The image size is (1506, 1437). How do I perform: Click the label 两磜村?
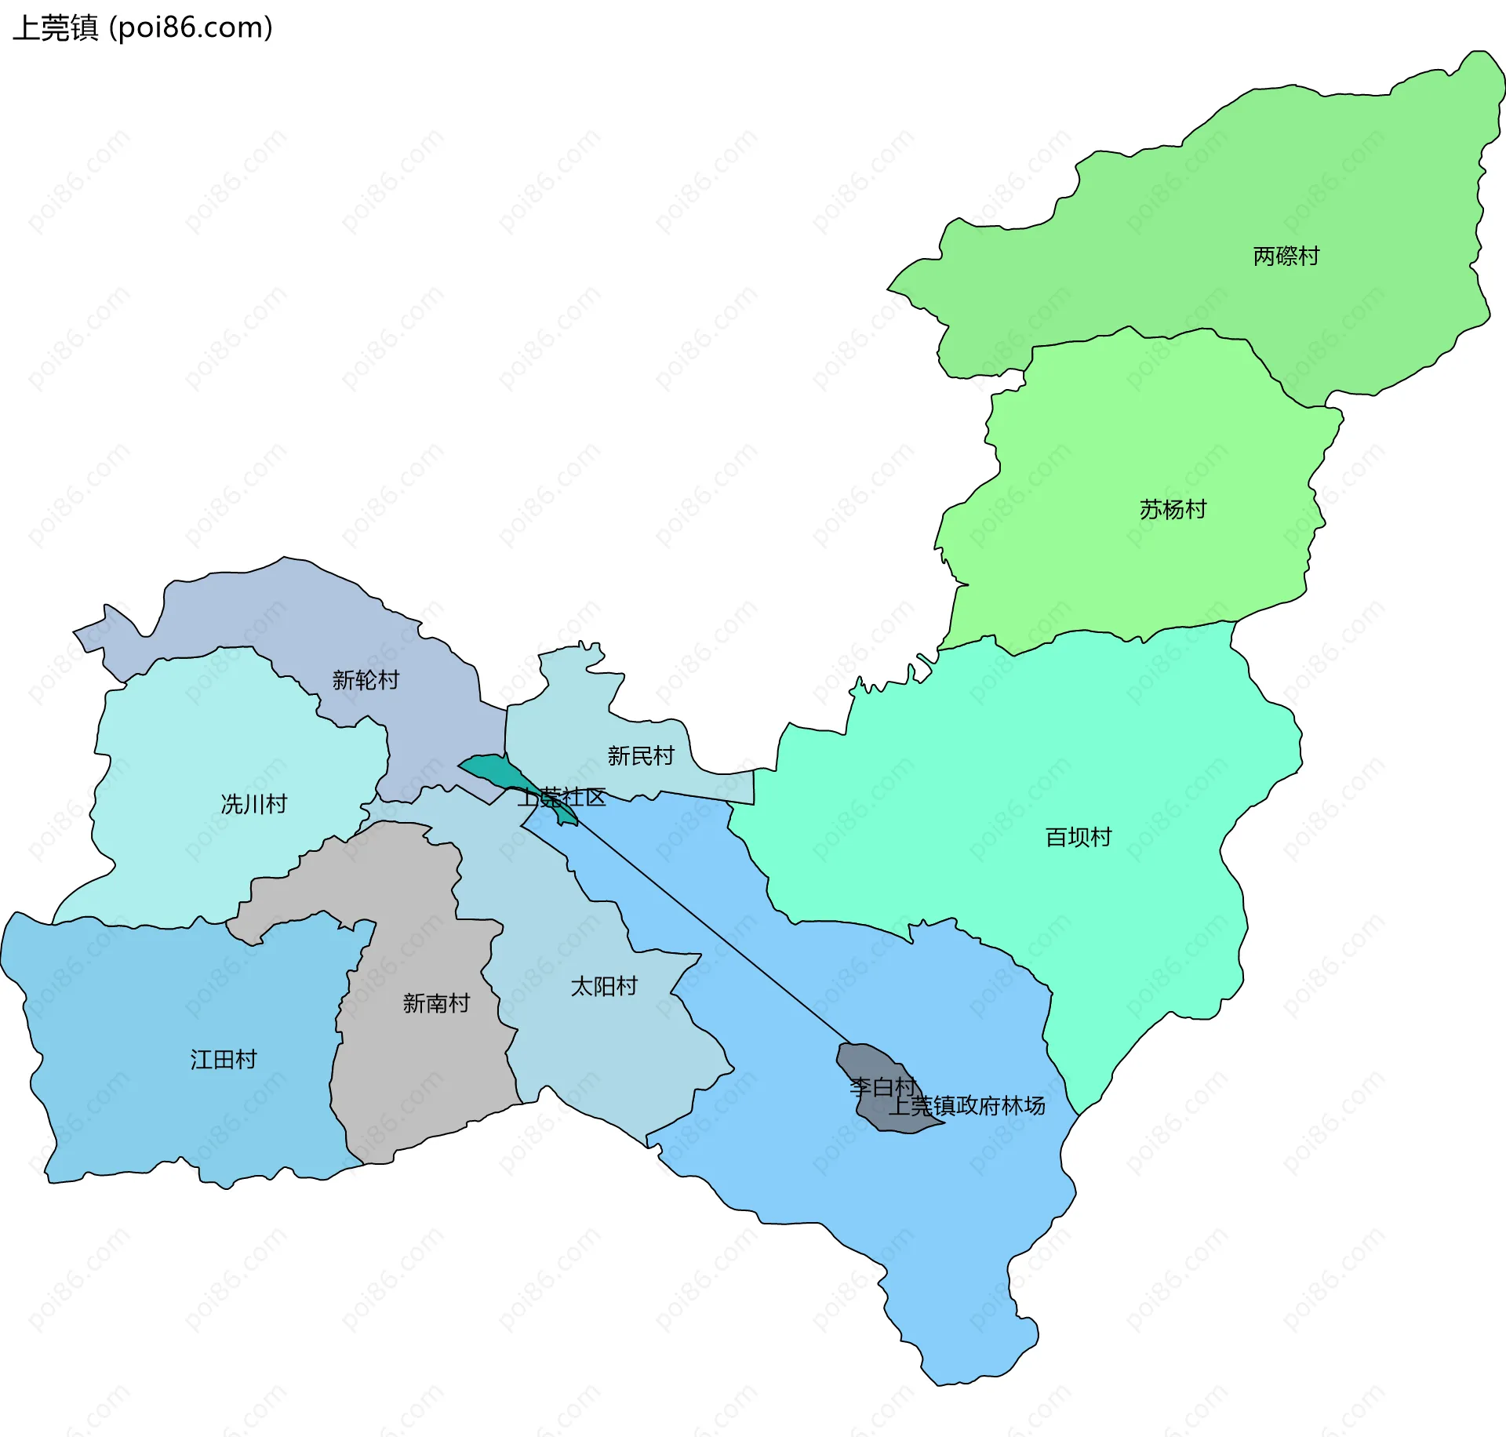pos(1286,256)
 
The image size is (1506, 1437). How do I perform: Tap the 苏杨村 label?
pos(1172,510)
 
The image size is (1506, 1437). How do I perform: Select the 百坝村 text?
pos(1078,838)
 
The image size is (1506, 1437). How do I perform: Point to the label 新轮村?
pos(366,680)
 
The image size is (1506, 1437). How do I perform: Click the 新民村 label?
pos(641,756)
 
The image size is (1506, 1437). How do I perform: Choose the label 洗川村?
pos(253,805)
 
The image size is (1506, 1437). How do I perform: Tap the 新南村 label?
pos(435,1003)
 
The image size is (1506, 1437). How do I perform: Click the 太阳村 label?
pos(603,987)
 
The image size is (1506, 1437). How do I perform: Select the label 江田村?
pos(223,1060)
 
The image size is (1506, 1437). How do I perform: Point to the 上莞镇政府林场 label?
pos(966,1106)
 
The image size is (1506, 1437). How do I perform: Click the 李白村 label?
pos(882,1087)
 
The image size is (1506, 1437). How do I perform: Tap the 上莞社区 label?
pos(561,798)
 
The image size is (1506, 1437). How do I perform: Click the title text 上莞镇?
pos(55,28)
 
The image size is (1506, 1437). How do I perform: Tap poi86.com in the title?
pos(191,28)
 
